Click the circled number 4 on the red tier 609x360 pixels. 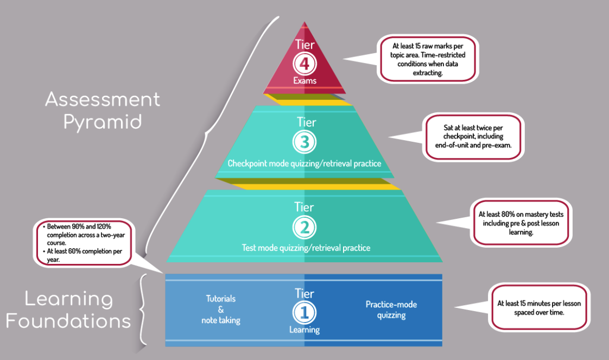coord(304,64)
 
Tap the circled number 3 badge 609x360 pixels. coord(304,142)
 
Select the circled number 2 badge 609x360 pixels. coord(304,228)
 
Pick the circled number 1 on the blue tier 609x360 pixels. coord(304,312)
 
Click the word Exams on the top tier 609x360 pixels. coord(304,81)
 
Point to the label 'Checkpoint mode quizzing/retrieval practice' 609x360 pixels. coord(304,163)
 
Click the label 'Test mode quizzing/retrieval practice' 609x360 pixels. coord(306,248)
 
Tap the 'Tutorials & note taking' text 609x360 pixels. coord(221,310)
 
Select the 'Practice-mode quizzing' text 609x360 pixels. coord(391,310)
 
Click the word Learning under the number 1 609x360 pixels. coord(304,330)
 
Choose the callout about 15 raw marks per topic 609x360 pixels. coord(429,59)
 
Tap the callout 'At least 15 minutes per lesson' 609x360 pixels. coord(539,307)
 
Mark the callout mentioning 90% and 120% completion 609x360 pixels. coord(83,242)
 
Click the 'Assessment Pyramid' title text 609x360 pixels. coord(103,110)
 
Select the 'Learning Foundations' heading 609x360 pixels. coord(68,310)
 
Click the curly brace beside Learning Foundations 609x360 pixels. coord(144,310)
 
